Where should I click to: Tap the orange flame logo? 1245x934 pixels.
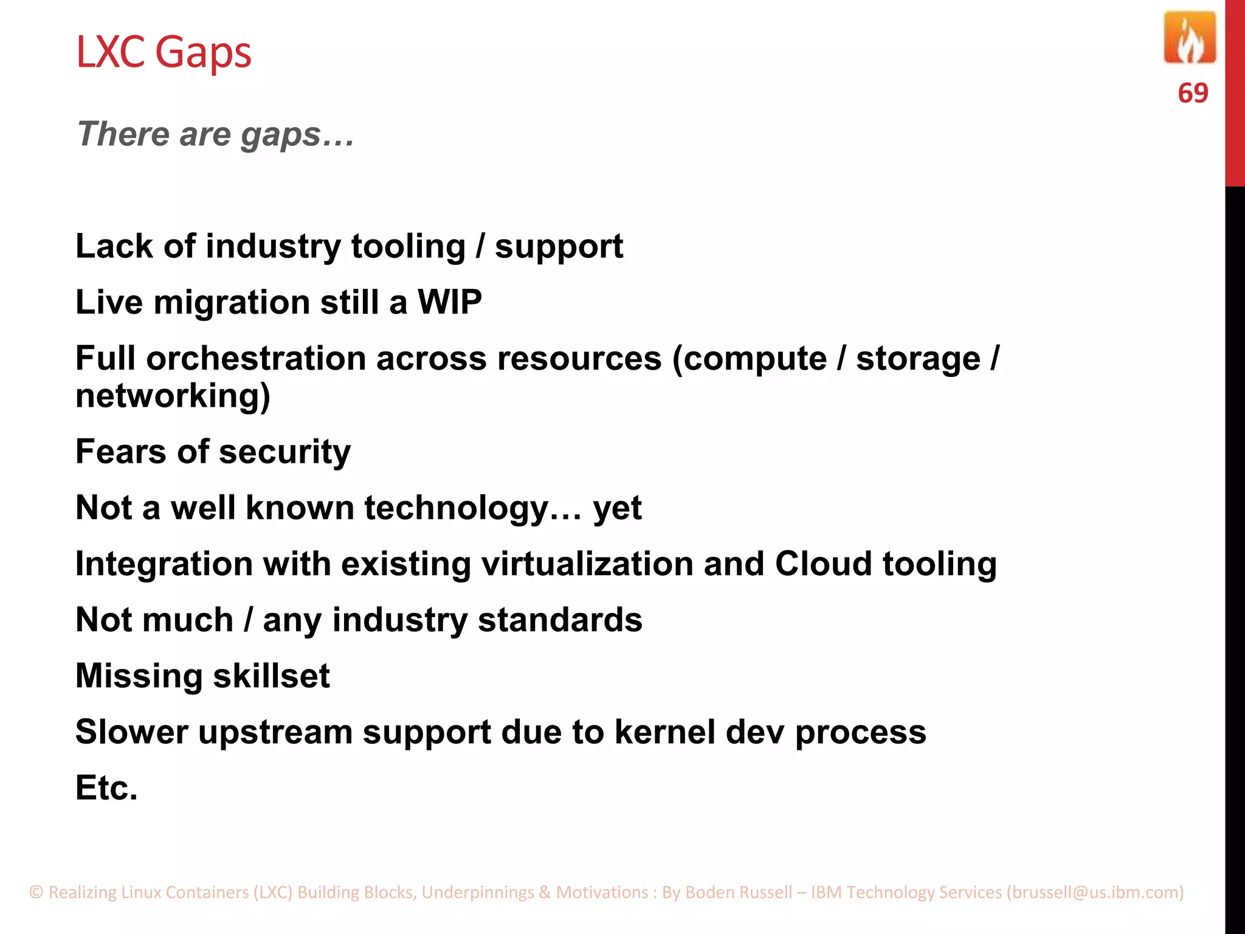click(1189, 38)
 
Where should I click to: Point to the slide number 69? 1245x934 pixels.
click(1193, 93)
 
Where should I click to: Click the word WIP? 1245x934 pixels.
click(449, 302)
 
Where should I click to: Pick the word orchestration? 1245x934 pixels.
click(256, 358)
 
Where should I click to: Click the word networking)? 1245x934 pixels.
click(173, 396)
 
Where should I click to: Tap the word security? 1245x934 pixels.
click(285, 452)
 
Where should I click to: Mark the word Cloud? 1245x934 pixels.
click(823, 564)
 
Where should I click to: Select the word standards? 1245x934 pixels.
click(560, 620)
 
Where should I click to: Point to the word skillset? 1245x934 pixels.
click(271, 676)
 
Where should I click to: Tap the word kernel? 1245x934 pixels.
click(665, 732)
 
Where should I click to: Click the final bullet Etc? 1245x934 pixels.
click(106, 788)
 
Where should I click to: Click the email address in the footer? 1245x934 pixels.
click(1095, 892)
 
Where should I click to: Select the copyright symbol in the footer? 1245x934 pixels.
click(36, 892)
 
